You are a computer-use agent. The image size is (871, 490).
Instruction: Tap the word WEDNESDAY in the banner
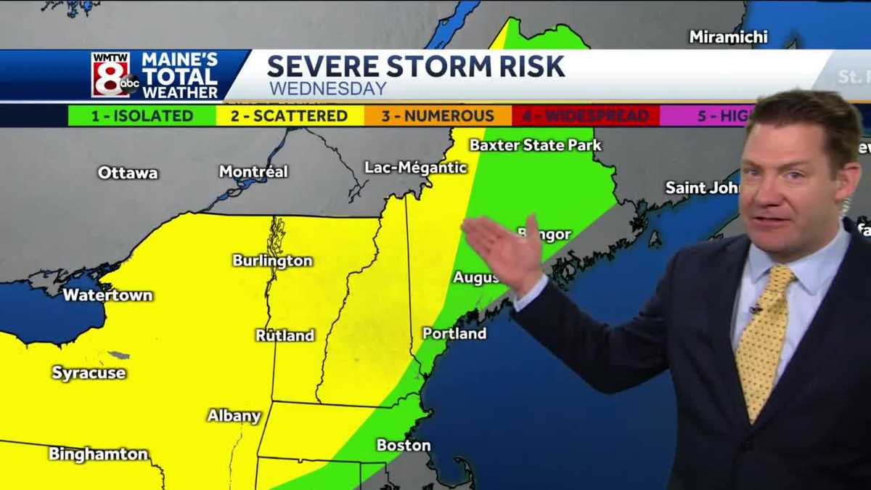coord(328,89)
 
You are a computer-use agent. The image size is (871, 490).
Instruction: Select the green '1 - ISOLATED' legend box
coord(142,116)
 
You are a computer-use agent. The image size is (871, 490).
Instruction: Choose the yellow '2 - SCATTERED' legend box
coord(290,116)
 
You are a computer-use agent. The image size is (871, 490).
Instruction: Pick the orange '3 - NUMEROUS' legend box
coord(438,116)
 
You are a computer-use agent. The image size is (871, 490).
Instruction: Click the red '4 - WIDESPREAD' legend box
coord(586,116)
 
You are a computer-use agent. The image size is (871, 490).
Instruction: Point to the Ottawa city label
coord(128,173)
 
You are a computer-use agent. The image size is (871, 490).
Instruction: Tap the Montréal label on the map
coord(253,172)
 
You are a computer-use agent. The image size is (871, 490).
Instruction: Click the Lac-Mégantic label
coord(416,168)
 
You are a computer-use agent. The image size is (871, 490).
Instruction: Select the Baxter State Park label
coord(535,145)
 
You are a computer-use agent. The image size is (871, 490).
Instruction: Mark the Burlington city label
coord(272,261)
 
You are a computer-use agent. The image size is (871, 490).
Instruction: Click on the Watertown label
coord(107,295)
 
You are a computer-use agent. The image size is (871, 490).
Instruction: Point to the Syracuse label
coord(89,373)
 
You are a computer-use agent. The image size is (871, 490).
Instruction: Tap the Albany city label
coord(234,416)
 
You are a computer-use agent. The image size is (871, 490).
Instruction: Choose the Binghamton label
coord(98,454)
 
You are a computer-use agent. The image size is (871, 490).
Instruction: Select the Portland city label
coord(454,334)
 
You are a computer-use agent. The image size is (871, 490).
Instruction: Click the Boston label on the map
coord(404,445)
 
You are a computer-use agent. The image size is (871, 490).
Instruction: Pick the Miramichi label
coord(728,37)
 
